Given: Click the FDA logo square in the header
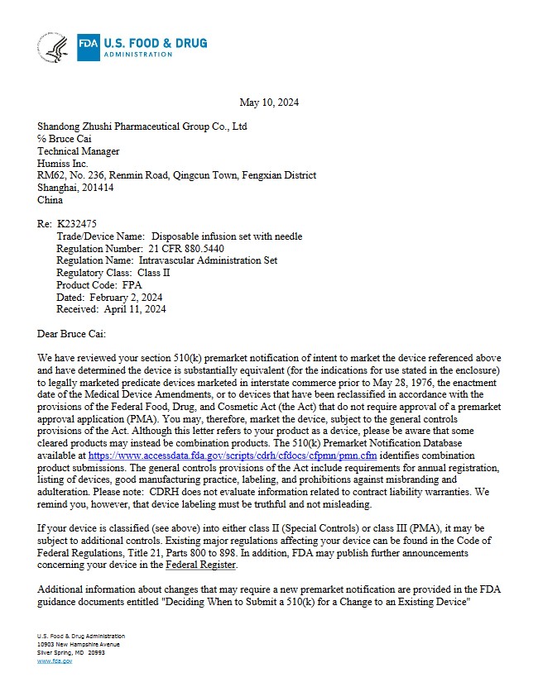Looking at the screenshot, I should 89,48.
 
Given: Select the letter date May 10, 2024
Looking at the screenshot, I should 269,103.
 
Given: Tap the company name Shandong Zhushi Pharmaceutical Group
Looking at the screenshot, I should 142,126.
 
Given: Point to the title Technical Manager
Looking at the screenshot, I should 79,151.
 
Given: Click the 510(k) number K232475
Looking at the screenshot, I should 77,224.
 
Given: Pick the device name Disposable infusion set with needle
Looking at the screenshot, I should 227,236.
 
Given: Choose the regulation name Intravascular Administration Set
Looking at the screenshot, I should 208,260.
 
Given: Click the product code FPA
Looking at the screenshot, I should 127,285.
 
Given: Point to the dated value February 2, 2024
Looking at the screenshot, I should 124,297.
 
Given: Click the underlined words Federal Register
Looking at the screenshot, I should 201,565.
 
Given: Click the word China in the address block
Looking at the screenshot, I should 50,200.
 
